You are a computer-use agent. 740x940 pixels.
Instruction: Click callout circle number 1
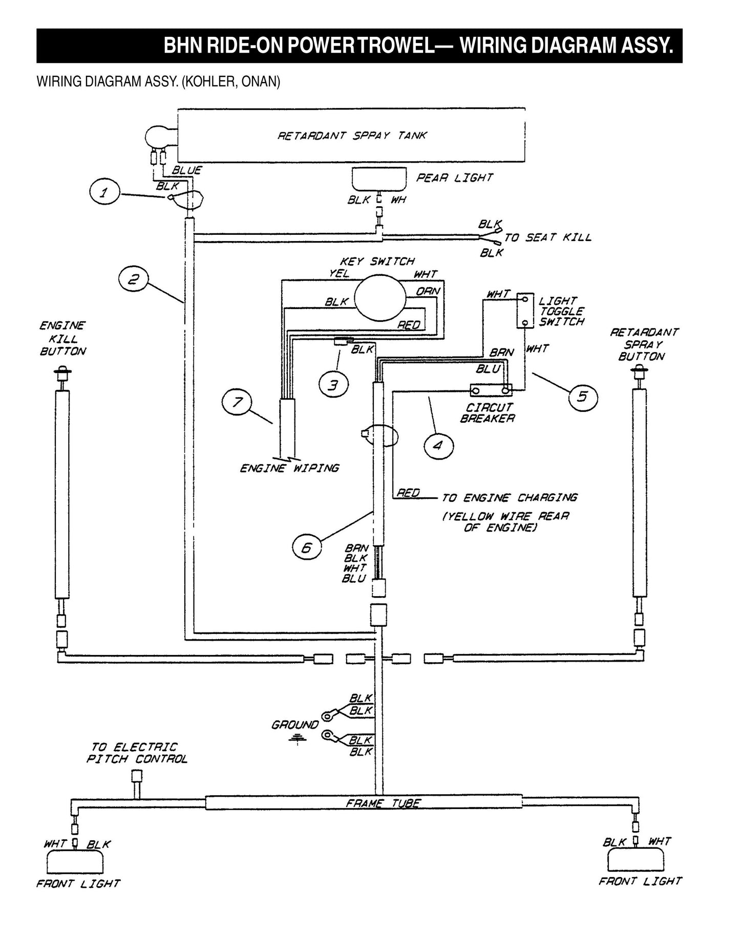[x=104, y=193]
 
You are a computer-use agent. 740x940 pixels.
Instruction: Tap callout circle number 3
[x=334, y=385]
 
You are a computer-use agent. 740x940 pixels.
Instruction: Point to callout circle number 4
[x=438, y=446]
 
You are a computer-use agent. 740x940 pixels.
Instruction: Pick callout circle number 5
[x=583, y=397]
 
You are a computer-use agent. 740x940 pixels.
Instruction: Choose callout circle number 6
[x=307, y=549]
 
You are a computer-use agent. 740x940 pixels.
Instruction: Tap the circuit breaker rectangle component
[x=491, y=391]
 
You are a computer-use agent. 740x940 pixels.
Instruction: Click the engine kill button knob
[x=62, y=370]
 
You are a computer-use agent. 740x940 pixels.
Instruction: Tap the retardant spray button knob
[x=639, y=371]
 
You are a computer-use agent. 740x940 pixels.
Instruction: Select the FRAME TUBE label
[x=383, y=803]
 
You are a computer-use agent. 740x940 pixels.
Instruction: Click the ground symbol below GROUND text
[x=295, y=739]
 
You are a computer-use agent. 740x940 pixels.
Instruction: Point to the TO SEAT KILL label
[x=547, y=238]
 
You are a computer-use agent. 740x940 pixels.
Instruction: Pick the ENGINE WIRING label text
[x=289, y=468]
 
